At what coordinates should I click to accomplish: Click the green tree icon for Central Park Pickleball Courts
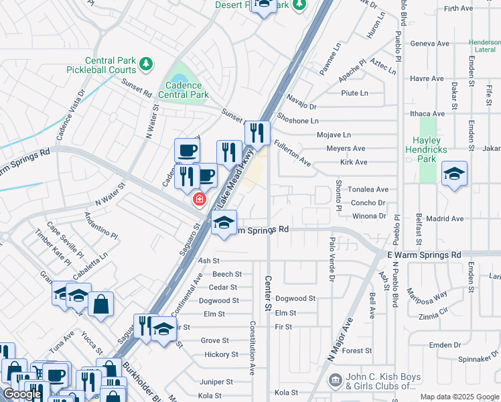click(146, 64)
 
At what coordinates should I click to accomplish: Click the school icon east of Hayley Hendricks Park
click(454, 174)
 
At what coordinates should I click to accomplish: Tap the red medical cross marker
click(199, 199)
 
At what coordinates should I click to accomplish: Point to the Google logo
click(22, 394)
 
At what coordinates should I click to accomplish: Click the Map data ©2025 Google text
click(459, 397)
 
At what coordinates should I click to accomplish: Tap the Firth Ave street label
click(458, 8)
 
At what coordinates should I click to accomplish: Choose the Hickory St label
click(221, 354)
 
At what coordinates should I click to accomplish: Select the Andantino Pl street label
click(100, 227)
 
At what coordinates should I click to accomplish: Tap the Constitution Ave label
click(253, 348)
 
